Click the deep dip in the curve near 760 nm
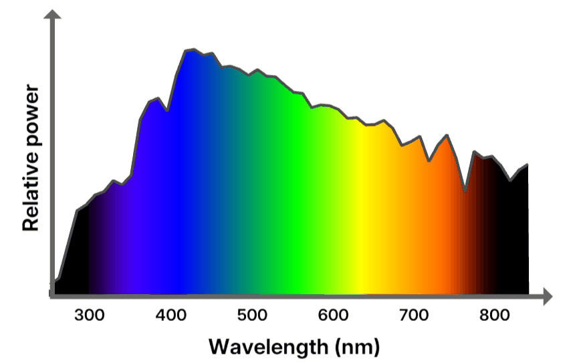(x=465, y=191)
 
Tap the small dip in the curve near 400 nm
(x=166, y=110)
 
